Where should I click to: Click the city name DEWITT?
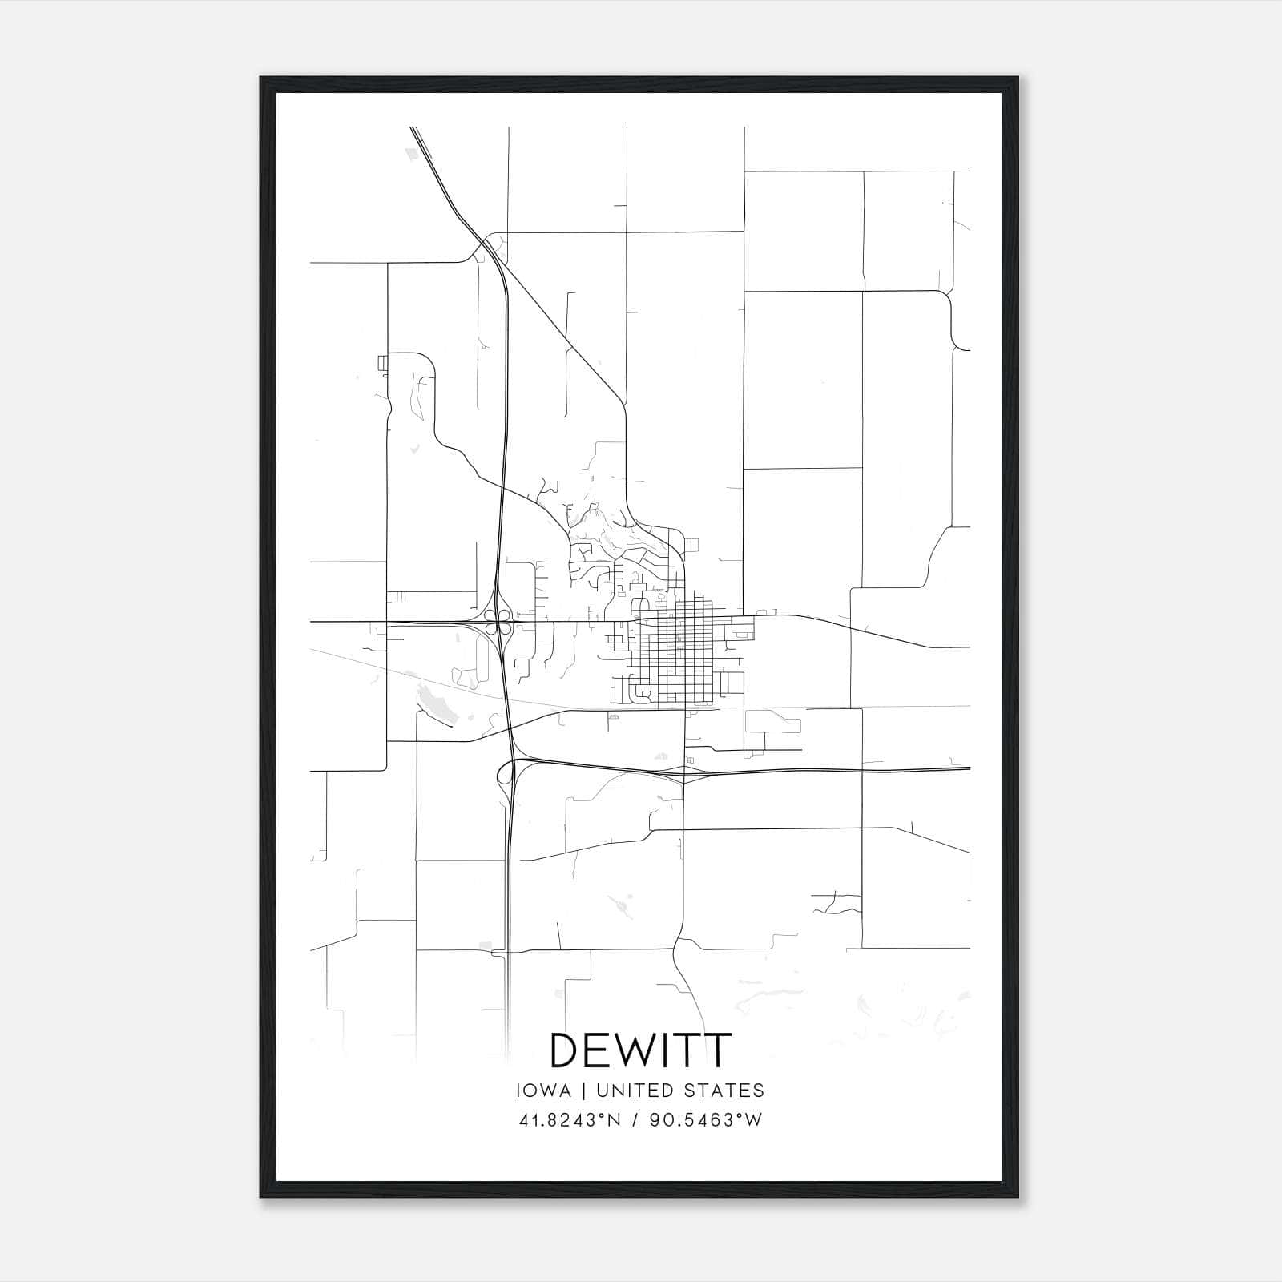pyautogui.click(x=640, y=1050)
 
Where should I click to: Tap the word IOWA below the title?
pyautogui.click(x=543, y=1091)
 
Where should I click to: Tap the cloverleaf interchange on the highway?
pyautogui.click(x=500, y=622)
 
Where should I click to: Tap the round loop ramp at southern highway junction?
pyautogui.click(x=505, y=772)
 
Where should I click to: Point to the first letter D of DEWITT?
pyautogui.click(x=568, y=1050)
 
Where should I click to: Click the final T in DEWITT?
pyautogui.click(x=717, y=1050)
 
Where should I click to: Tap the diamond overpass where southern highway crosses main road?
pyautogui.click(x=683, y=772)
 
